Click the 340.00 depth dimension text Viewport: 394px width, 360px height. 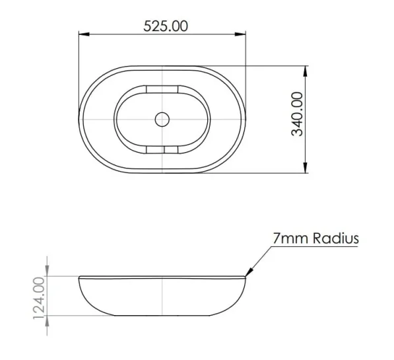point(298,114)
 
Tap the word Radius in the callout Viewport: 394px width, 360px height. point(336,238)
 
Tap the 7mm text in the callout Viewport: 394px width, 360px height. point(290,238)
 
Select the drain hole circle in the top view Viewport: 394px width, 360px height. point(162,120)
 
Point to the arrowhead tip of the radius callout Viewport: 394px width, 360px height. point(247,274)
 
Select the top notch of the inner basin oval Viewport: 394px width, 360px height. point(162,89)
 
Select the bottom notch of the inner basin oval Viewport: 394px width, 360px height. point(162,150)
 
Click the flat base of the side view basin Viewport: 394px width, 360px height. point(162,314)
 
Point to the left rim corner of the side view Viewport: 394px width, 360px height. point(79,277)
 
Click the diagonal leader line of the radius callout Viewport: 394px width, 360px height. point(258,260)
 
